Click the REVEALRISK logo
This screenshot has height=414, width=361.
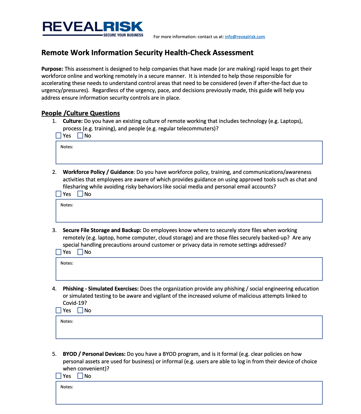click(93, 27)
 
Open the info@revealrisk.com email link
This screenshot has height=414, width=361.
click(245, 37)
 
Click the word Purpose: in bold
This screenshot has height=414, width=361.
click(52, 69)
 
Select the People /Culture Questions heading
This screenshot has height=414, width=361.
click(80, 113)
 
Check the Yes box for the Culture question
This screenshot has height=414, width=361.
click(59, 136)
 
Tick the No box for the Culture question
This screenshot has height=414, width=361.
click(80, 136)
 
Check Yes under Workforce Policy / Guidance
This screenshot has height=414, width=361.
click(59, 194)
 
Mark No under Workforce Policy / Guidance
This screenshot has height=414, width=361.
click(80, 194)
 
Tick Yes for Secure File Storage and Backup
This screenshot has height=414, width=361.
click(59, 252)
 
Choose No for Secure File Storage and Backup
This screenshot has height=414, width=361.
click(80, 252)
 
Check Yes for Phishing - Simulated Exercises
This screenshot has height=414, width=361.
click(59, 310)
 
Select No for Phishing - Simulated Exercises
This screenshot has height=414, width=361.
click(80, 310)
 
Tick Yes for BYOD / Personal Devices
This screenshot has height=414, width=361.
click(59, 376)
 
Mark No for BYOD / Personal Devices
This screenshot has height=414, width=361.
click(80, 376)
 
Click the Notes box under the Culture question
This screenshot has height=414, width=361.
click(189, 153)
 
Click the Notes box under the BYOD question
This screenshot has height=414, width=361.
click(189, 393)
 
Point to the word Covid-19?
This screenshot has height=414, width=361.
click(75, 303)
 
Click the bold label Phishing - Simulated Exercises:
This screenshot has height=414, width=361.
click(100, 289)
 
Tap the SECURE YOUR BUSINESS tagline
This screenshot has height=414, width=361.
click(123, 35)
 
